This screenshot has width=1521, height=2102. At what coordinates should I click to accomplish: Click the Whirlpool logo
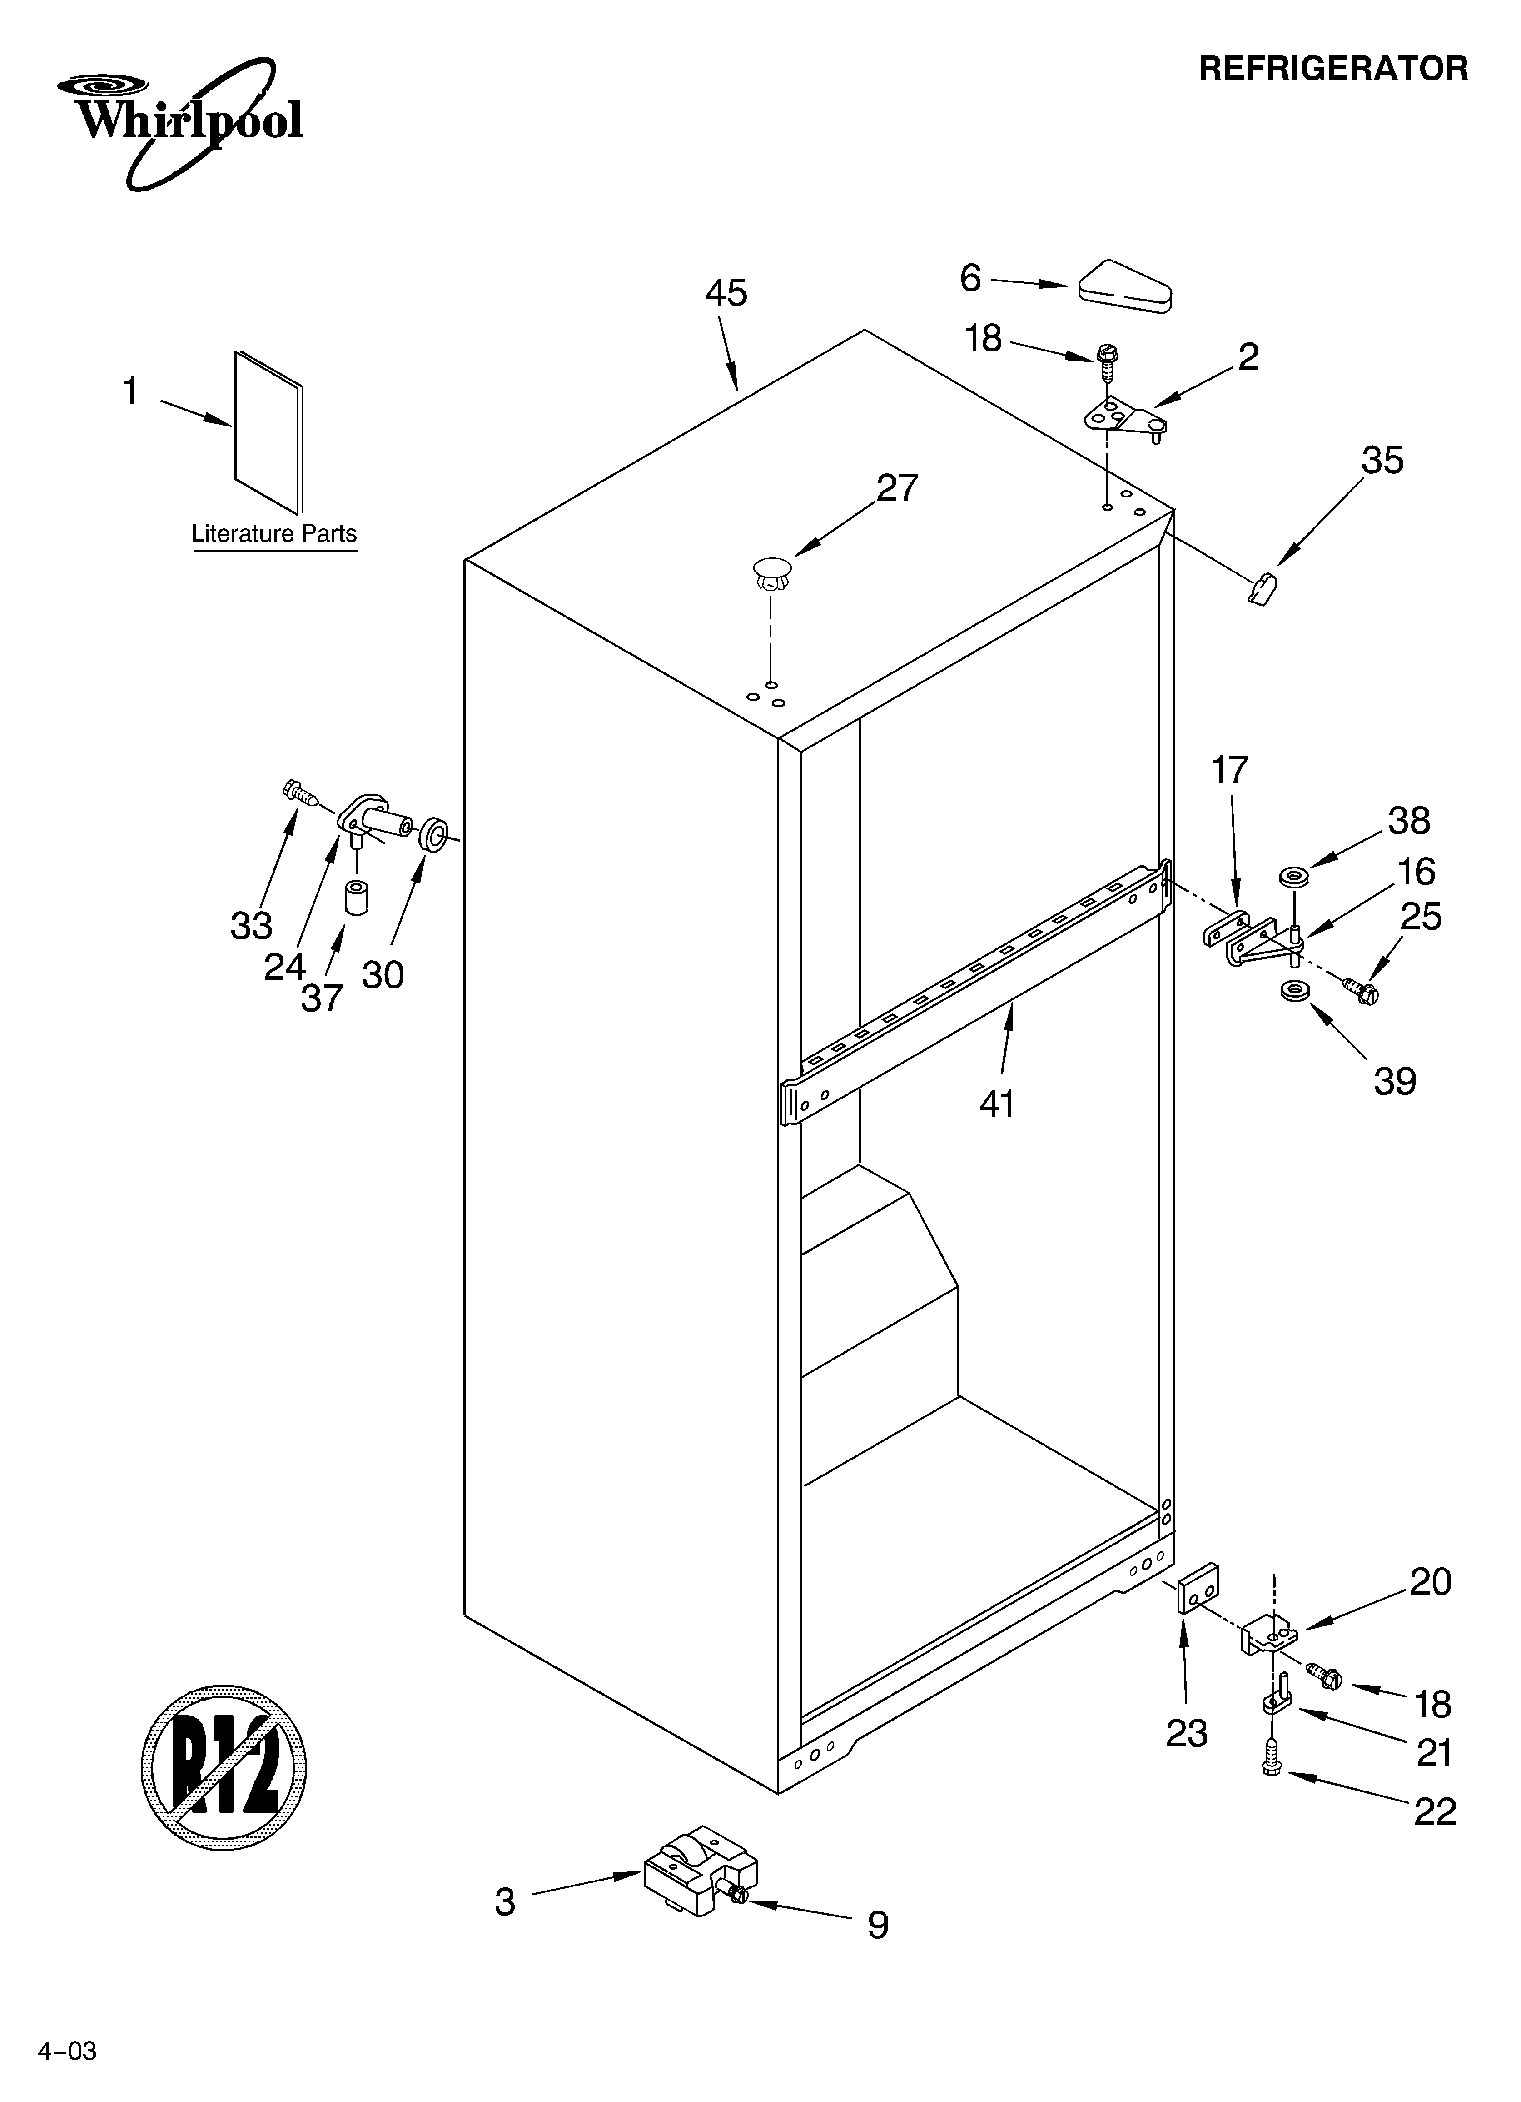[181, 119]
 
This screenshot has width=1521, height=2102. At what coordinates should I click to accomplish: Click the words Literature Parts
[274, 534]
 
